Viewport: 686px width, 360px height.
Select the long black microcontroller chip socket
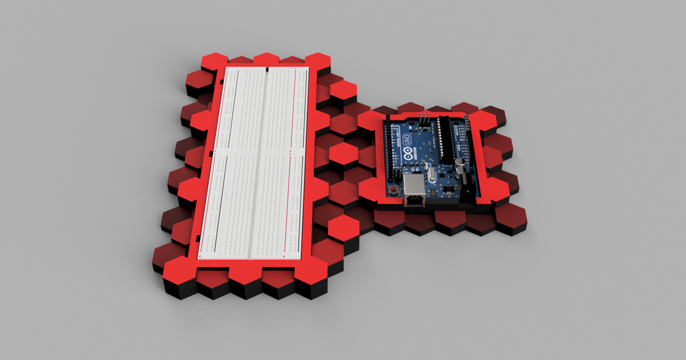pyautogui.click(x=445, y=140)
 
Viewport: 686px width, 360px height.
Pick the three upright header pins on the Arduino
pyautogui.click(x=424, y=118)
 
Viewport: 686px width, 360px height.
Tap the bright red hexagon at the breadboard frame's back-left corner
pyautogui.click(x=214, y=62)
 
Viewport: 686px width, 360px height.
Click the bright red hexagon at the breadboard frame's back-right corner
pyautogui.click(x=318, y=62)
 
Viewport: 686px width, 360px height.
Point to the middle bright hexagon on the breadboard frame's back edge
pyautogui.click(x=265, y=60)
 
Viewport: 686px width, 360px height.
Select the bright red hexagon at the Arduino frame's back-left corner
pyautogui.click(x=372, y=121)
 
